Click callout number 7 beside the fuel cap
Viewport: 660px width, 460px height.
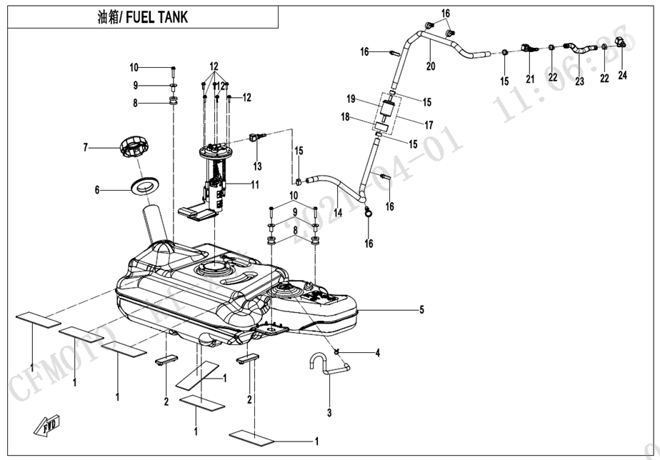[85, 148]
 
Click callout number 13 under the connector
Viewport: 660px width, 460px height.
[257, 166]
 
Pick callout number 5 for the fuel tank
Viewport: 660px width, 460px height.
[421, 310]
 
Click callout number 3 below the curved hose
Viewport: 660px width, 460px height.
[330, 412]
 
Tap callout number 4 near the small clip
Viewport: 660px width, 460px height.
[378, 353]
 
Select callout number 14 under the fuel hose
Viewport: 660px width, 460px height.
[337, 212]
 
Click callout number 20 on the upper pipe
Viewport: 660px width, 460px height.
[431, 66]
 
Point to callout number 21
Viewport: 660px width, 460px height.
[529, 79]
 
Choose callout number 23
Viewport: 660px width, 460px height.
[579, 82]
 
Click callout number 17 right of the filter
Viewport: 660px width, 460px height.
[429, 125]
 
